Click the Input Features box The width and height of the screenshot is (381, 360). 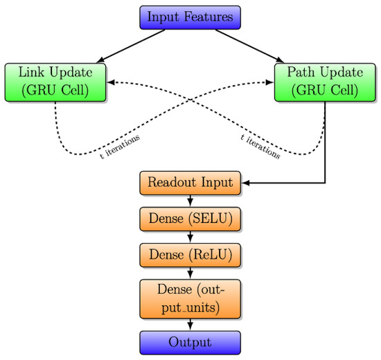pos(190,17)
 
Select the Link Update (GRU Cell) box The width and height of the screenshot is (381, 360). pos(55,82)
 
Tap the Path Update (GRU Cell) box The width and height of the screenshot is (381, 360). pos(325,82)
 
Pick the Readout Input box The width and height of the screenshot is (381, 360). pos(190,183)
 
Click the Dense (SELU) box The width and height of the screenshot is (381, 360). pos(190,219)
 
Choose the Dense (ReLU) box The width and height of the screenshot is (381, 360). pos(190,255)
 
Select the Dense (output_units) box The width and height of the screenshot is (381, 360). pos(190,298)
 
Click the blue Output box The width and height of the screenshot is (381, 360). pos(190,343)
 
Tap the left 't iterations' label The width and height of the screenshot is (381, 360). pos(120,147)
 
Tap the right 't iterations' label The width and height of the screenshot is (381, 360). pos(260,147)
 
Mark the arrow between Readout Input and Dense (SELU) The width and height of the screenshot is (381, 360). pos(190,201)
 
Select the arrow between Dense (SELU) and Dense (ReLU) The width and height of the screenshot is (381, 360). pos(190,237)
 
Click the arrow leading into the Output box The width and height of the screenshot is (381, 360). pos(190,325)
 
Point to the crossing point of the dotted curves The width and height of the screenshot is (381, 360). pos(190,100)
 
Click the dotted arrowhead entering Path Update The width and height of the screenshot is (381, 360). pos(269,82)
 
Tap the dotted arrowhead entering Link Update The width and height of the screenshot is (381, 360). pos(111,82)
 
